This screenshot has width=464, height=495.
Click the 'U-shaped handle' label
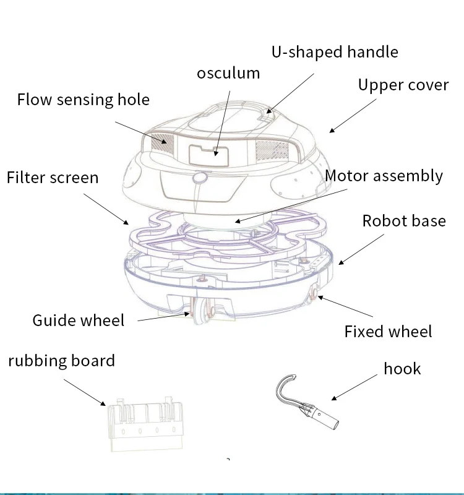pos(335,52)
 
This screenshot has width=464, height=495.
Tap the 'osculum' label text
pos(228,73)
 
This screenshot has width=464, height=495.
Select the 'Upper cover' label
pos(403,85)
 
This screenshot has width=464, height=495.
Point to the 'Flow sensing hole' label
pos(83,99)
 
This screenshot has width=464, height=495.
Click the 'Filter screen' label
pos(53,178)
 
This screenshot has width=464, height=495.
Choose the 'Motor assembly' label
pos(384,176)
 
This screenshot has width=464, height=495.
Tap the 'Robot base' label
pos(403,221)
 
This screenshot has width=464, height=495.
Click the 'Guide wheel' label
pos(78,320)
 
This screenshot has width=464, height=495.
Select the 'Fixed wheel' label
pos(388,331)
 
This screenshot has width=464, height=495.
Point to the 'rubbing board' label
pos(61,361)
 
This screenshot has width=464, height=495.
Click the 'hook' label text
pos(402,369)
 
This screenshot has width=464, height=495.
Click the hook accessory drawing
pos(307,406)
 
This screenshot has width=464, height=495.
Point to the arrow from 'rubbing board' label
pos(84,391)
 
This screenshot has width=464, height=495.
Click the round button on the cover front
pos(199,179)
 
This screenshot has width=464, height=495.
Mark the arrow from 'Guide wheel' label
pos(161,317)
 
